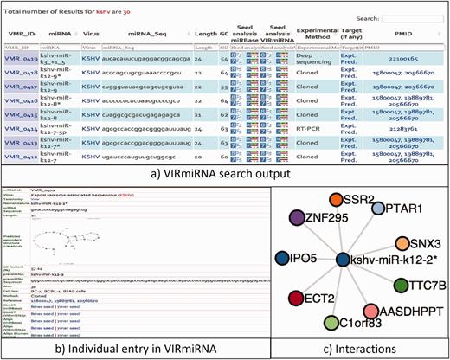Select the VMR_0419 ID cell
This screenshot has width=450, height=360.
click(21, 58)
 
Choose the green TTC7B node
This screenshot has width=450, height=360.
click(425, 285)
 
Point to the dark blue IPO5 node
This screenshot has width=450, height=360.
click(282, 258)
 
